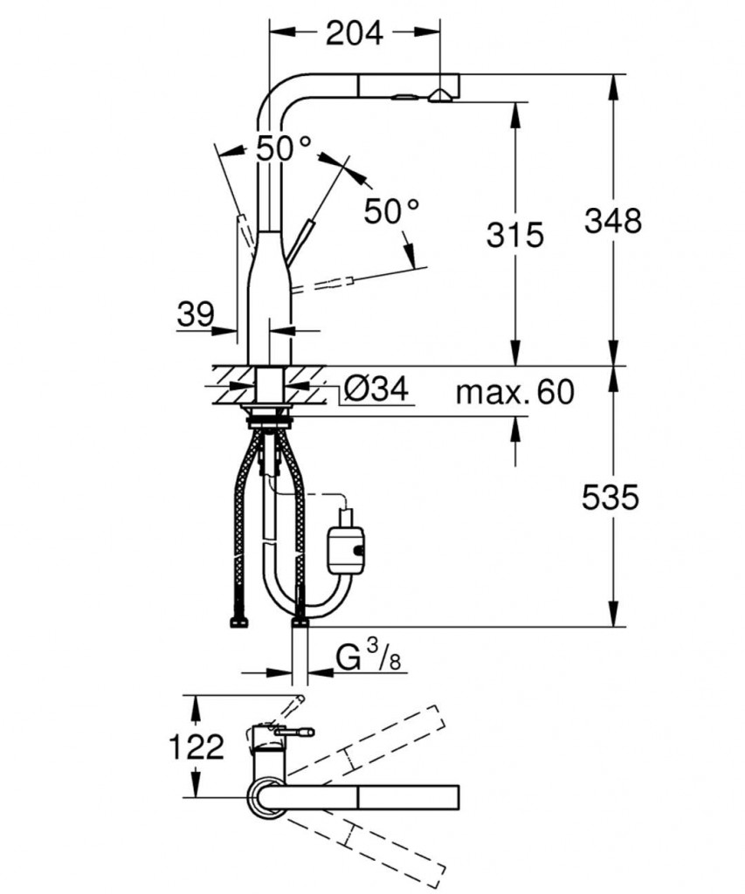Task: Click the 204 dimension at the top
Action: (354, 33)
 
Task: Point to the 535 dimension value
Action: (611, 498)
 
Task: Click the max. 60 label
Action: (514, 393)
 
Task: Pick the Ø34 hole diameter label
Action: (375, 390)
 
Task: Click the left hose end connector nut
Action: (237, 622)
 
